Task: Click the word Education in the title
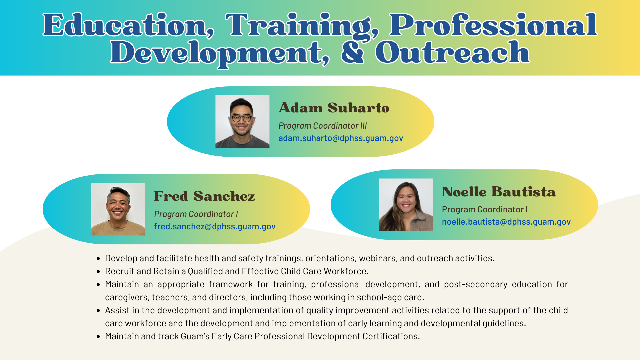(x=129, y=25)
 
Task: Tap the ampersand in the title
(x=352, y=52)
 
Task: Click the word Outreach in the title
(x=452, y=52)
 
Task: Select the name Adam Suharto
(x=334, y=108)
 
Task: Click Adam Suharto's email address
(x=341, y=138)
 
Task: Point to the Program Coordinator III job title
(x=323, y=126)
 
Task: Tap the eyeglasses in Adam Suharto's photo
(x=242, y=118)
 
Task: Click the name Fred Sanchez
(x=204, y=196)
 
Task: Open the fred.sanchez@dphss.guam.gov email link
(x=215, y=226)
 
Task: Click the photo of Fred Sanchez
(x=118, y=209)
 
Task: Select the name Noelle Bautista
(x=499, y=192)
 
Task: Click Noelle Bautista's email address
(x=506, y=222)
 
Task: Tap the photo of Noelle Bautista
(x=406, y=205)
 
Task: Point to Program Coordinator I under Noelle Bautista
(x=485, y=209)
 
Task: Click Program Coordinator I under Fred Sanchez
(x=196, y=214)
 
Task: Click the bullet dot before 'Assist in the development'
(x=98, y=311)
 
